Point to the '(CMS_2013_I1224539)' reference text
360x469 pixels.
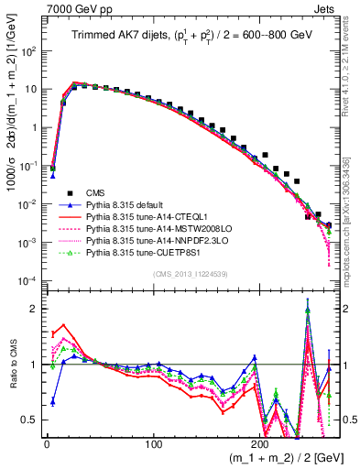click(x=190, y=272)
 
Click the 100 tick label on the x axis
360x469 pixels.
click(x=154, y=443)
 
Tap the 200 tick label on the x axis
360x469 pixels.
click(x=261, y=443)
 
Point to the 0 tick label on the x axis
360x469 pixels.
click(x=47, y=443)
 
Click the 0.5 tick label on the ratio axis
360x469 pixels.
click(x=31, y=420)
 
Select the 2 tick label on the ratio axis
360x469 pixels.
click(x=36, y=310)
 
